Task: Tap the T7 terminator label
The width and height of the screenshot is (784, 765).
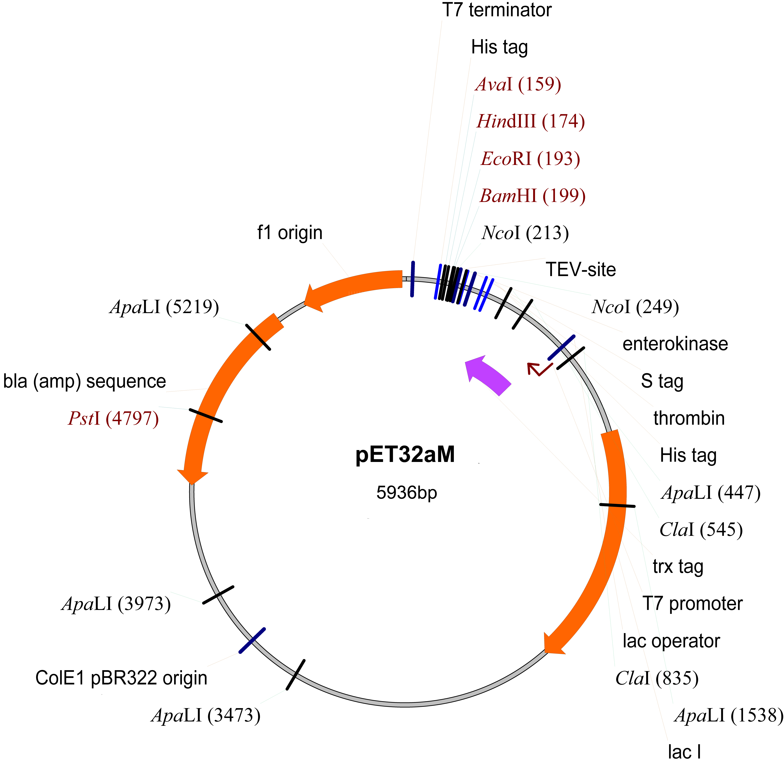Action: pyautogui.click(x=497, y=10)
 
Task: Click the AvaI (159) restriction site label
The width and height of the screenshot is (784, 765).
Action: pyautogui.click(x=518, y=84)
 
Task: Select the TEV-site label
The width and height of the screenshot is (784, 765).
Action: pyautogui.click(x=581, y=270)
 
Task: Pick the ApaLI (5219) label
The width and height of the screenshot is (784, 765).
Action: pyautogui.click(x=164, y=307)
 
